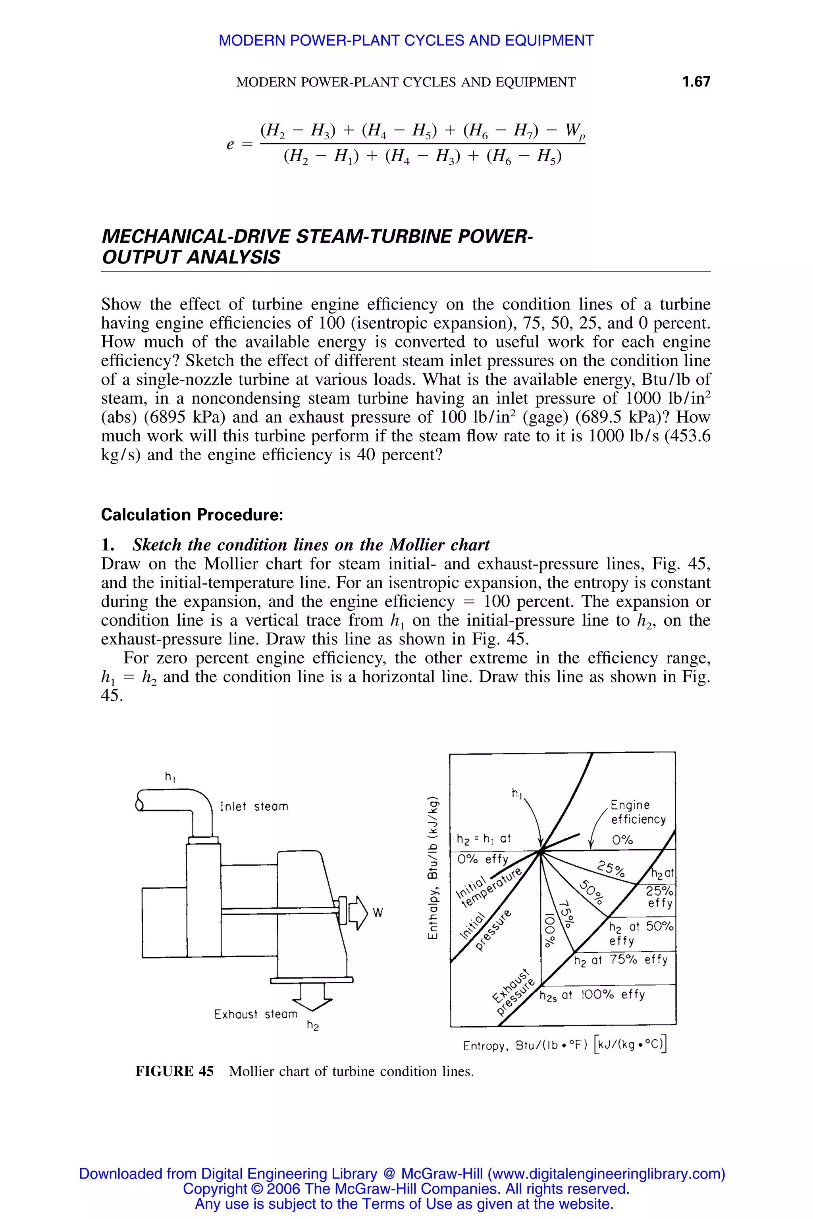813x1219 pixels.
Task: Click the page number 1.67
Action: [x=696, y=82]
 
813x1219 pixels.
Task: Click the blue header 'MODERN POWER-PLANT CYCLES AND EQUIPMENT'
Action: [x=406, y=40]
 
